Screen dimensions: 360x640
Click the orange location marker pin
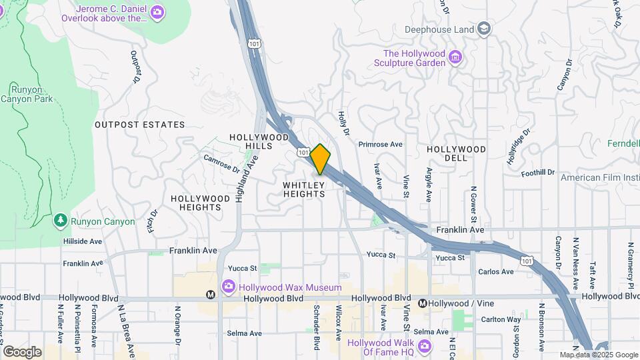tap(320, 159)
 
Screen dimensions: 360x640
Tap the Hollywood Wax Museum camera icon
tap(229, 287)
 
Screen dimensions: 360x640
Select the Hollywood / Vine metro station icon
tap(422, 303)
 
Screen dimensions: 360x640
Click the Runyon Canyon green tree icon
tap(60, 221)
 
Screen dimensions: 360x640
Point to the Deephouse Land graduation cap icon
tap(483, 29)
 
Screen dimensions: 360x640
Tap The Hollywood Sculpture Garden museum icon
tap(455, 57)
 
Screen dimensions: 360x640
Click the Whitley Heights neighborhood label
tap(303, 189)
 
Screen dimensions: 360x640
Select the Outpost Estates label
tap(139, 125)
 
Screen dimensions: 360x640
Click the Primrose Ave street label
tap(381, 144)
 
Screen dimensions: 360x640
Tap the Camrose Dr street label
tap(221, 164)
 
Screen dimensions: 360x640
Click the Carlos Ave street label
tap(496, 271)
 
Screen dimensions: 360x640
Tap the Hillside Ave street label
tap(83, 241)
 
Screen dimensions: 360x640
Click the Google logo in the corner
tap(22, 351)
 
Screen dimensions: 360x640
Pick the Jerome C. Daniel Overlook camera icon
tap(157, 11)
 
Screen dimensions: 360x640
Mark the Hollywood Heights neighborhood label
tap(195, 203)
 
